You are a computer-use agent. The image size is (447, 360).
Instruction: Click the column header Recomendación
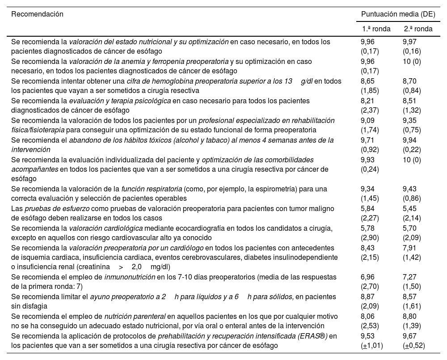point(37,14)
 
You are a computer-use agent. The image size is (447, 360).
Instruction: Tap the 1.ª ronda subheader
point(376,29)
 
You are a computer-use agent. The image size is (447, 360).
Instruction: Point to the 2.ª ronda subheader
point(418,29)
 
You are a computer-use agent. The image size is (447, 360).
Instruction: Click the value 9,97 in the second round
point(410,42)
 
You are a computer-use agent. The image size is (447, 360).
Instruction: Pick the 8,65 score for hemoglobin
point(368,81)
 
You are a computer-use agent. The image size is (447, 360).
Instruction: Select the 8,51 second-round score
point(410,101)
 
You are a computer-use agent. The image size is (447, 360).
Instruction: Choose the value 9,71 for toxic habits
point(368,140)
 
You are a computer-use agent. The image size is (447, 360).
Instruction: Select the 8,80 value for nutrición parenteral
point(410,317)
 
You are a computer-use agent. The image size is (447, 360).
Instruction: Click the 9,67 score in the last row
point(410,336)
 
